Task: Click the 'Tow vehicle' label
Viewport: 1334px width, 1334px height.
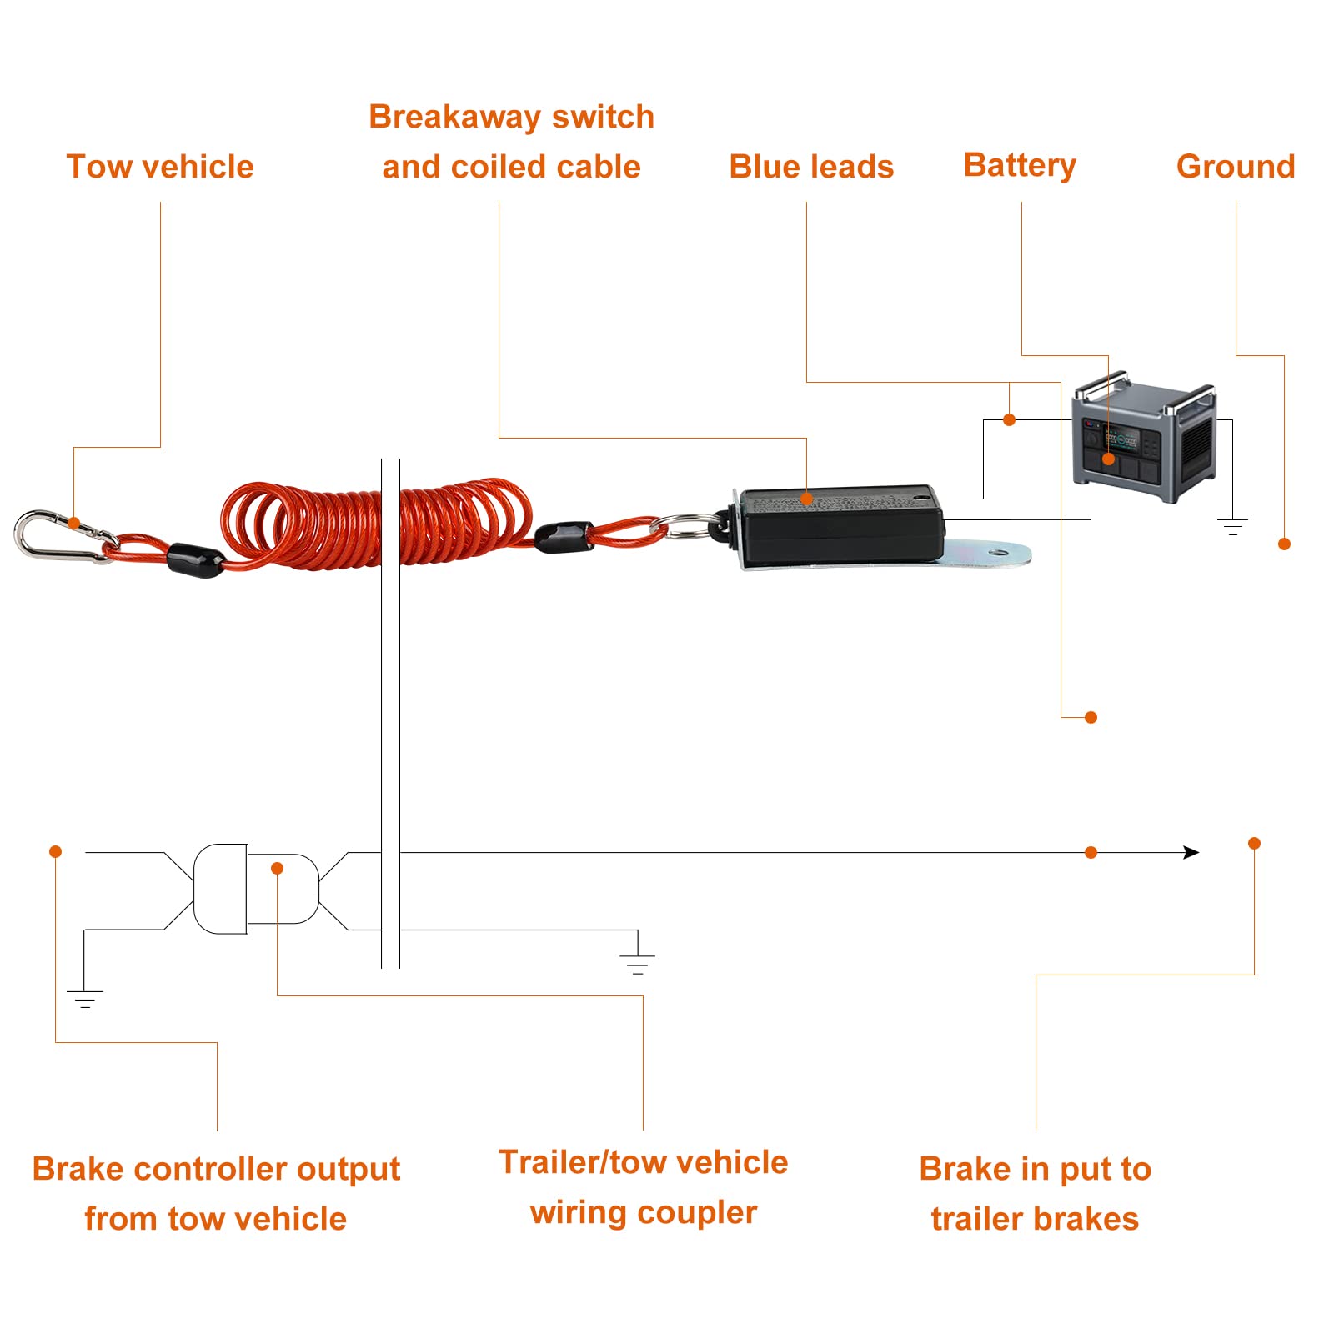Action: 160,167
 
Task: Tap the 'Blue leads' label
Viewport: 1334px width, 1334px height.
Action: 811,167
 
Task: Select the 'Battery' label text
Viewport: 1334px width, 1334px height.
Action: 1020,165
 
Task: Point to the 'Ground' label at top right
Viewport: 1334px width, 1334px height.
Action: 1236,167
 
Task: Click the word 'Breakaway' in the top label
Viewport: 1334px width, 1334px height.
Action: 455,117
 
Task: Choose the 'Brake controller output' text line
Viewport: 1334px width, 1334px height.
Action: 216,1169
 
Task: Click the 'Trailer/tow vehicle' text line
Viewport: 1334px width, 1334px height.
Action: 643,1162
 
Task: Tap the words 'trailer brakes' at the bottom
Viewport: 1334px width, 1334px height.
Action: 1035,1219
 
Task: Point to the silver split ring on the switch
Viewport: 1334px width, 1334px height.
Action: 685,528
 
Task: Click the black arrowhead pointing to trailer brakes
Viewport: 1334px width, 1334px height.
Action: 1191,852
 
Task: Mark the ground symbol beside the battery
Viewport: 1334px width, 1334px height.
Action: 1232,526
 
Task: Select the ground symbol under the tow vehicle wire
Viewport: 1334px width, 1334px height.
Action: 84,998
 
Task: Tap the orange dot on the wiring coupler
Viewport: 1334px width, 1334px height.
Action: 278,869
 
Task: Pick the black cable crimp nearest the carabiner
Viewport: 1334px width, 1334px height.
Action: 195,559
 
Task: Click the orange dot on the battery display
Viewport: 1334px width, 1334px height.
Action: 1109,459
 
